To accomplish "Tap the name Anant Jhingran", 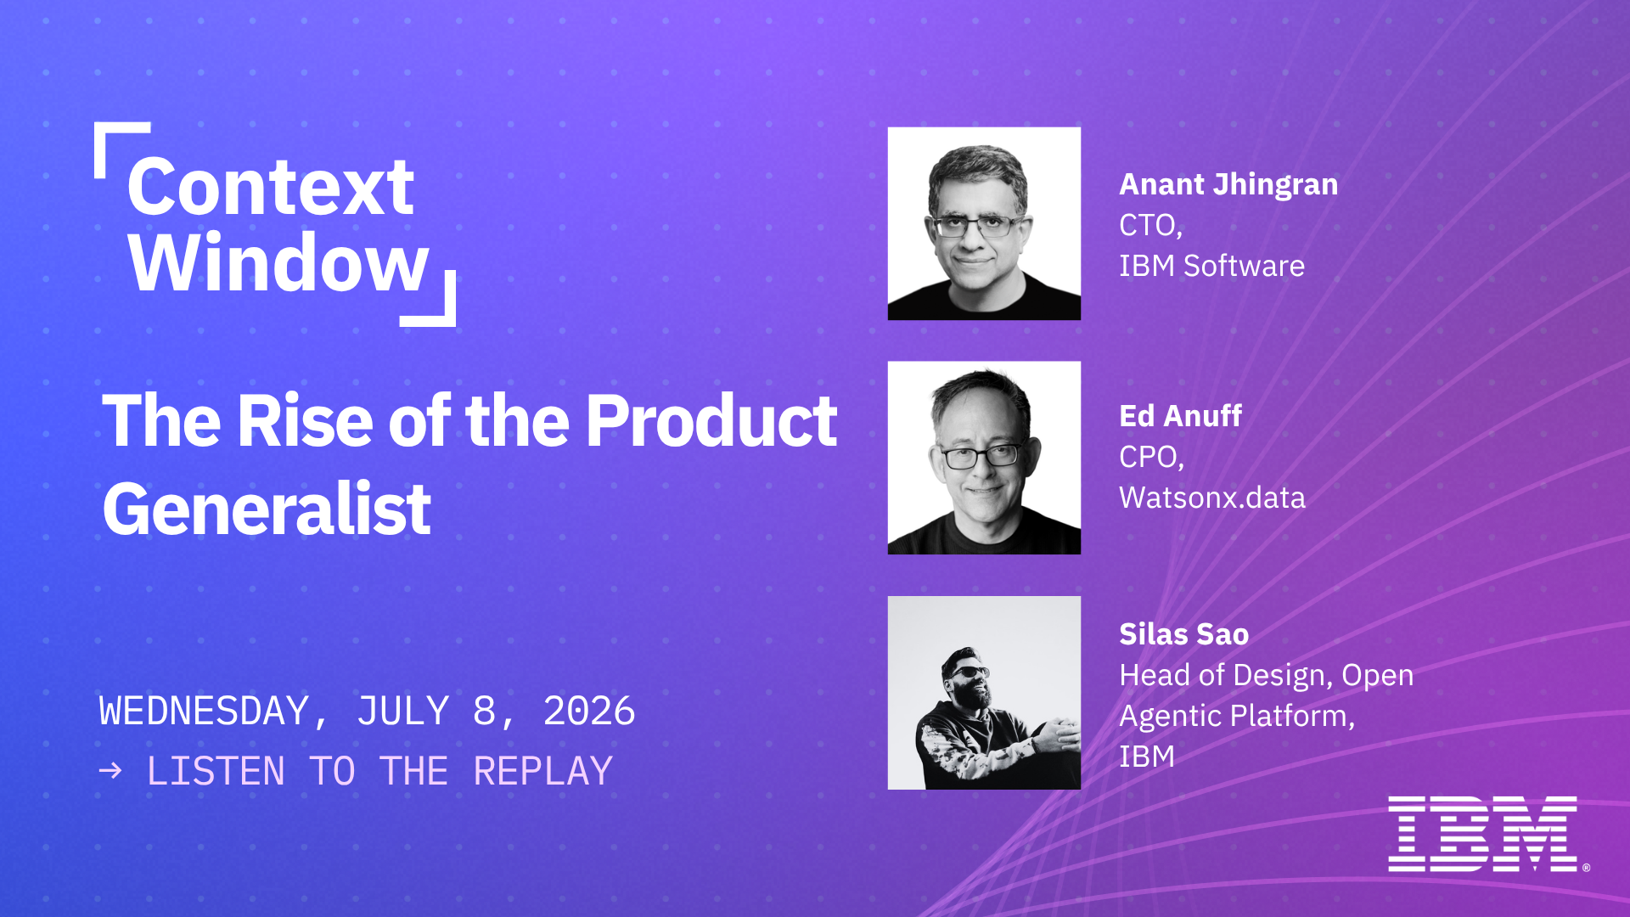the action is point(1228,185).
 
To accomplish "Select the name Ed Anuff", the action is point(1180,416).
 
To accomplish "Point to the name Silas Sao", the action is point(1183,634).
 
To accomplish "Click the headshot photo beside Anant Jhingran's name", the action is point(984,223).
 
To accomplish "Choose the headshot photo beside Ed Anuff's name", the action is point(984,458).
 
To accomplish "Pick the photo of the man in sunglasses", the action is point(984,693).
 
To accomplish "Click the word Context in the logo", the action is point(271,187).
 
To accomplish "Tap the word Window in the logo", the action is point(278,262).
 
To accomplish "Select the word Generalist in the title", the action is point(267,509).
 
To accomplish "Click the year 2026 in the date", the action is point(589,712).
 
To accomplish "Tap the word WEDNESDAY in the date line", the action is point(205,712).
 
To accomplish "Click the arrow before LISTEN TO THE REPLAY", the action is point(110,771).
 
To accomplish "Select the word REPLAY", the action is point(542,771).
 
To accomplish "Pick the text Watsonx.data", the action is point(1212,498).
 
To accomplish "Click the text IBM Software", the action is point(1211,266).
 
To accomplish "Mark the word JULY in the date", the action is point(403,712).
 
